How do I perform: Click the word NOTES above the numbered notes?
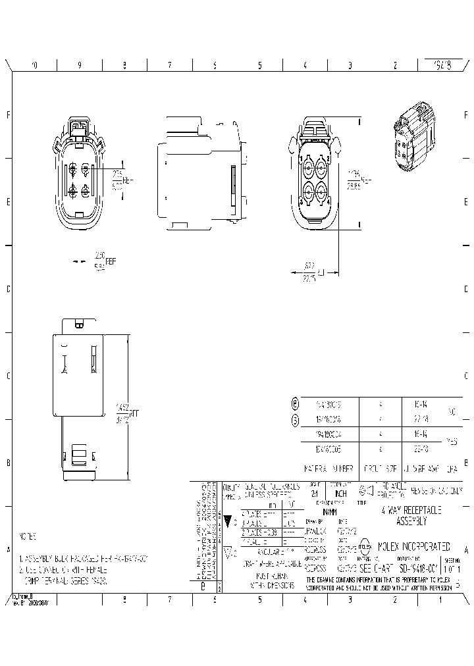(28, 536)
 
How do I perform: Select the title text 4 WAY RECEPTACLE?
(412, 510)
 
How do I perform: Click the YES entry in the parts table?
(452, 442)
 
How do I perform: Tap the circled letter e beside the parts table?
(294, 403)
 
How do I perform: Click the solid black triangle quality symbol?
(228, 522)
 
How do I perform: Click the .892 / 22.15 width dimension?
(311, 272)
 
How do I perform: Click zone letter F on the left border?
(8, 115)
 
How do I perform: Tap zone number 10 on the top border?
(34, 65)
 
